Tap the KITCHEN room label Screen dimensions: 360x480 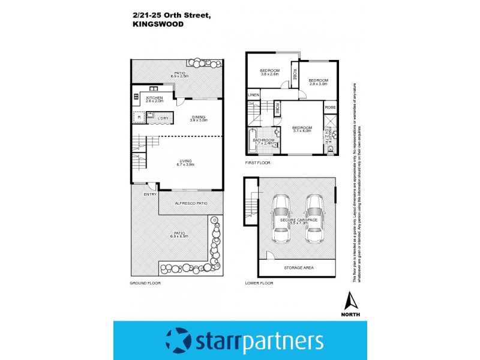click(154, 97)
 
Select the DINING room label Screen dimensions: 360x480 click(199, 116)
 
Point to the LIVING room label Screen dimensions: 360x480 click(185, 160)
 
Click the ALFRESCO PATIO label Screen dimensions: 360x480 click(191, 204)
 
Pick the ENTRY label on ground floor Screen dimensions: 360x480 click(150, 194)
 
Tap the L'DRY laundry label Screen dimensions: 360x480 click(163, 118)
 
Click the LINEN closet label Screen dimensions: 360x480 click(253, 95)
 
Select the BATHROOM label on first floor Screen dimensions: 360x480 click(263, 140)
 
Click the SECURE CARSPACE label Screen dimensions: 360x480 click(297, 220)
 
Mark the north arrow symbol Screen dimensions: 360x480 click(352, 300)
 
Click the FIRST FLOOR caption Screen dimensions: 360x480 click(258, 163)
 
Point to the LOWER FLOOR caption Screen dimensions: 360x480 click(259, 282)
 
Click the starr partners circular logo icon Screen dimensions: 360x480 click(178, 341)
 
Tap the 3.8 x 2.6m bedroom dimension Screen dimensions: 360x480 click(269, 74)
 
